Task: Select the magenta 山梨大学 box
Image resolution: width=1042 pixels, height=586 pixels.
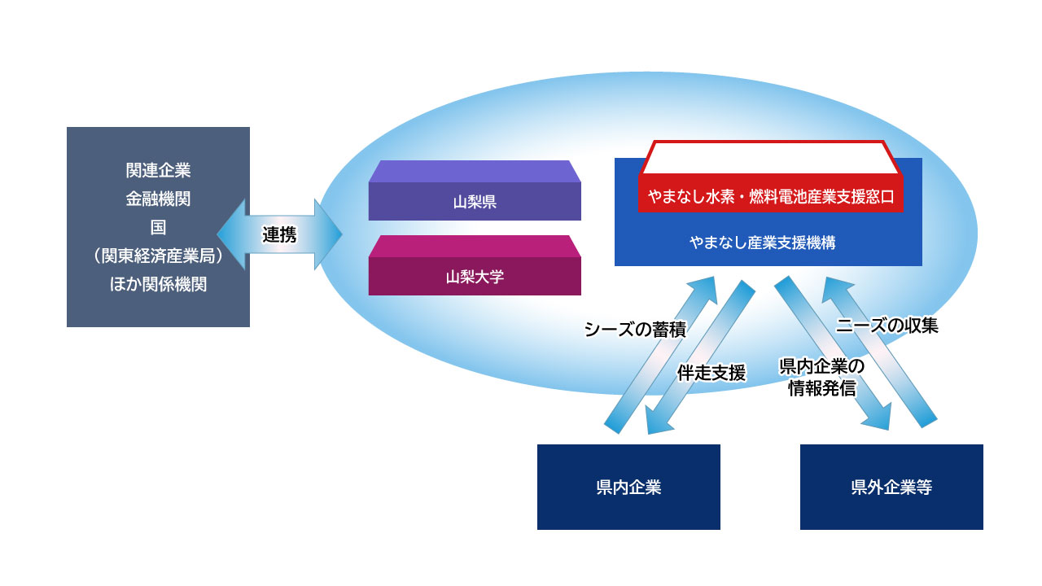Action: [x=475, y=276]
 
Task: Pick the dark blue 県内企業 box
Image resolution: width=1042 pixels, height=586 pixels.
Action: [x=628, y=488]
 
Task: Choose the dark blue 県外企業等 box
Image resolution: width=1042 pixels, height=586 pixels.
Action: [x=891, y=488]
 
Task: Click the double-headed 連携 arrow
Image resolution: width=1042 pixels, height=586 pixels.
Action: [x=279, y=235]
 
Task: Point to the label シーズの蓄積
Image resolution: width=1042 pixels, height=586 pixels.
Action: [x=635, y=330]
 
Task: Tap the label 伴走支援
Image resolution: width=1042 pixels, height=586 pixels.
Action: [x=711, y=373]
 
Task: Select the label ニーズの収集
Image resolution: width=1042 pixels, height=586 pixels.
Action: [x=887, y=326]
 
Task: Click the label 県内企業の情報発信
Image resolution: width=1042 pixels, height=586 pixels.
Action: [x=821, y=377]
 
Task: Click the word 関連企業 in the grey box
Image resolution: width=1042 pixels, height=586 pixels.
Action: [x=158, y=171]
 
